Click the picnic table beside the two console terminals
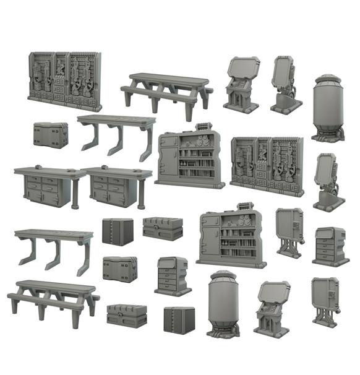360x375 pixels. point(166,90)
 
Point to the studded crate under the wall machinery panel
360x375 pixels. point(50,134)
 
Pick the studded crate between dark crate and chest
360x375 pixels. point(120,269)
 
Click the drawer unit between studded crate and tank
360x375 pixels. point(171,276)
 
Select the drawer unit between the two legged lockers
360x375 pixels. point(330,245)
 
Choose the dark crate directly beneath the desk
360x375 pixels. point(118,231)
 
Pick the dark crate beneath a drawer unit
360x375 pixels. point(179,319)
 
